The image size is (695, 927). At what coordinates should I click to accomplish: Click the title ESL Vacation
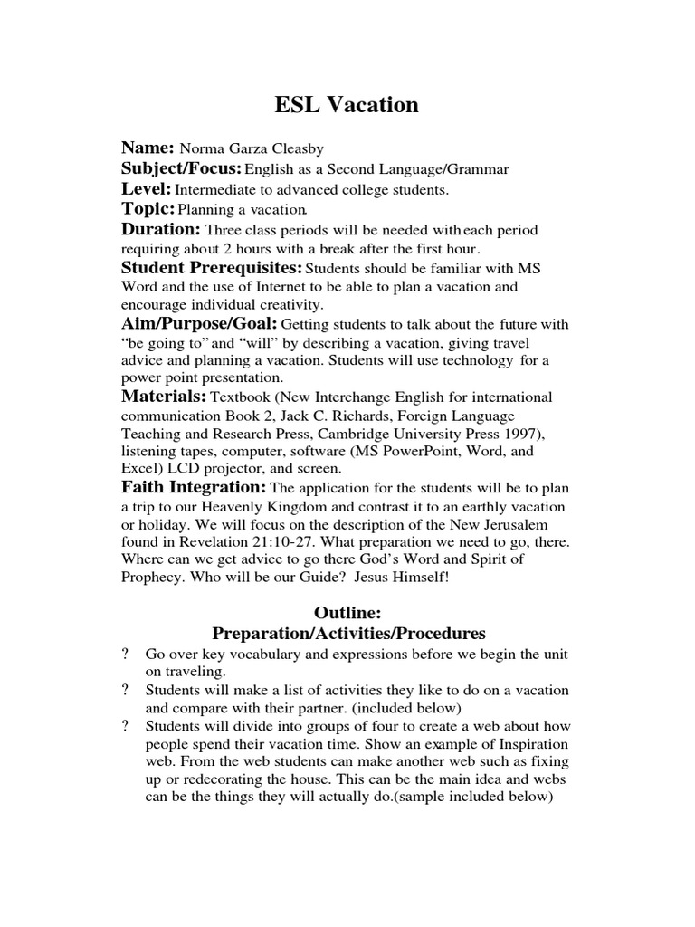[x=347, y=105]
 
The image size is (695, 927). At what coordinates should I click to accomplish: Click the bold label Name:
[x=148, y=148]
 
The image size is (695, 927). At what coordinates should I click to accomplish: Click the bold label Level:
[x=147, y=189]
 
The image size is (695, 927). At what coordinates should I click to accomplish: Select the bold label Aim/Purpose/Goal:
[x=200, y=324]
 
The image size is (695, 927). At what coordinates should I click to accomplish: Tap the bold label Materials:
[x=165, y=397]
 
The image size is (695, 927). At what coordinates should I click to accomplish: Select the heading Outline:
[x=347, y=613]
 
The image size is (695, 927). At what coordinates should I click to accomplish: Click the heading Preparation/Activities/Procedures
[x=348, y=633]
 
